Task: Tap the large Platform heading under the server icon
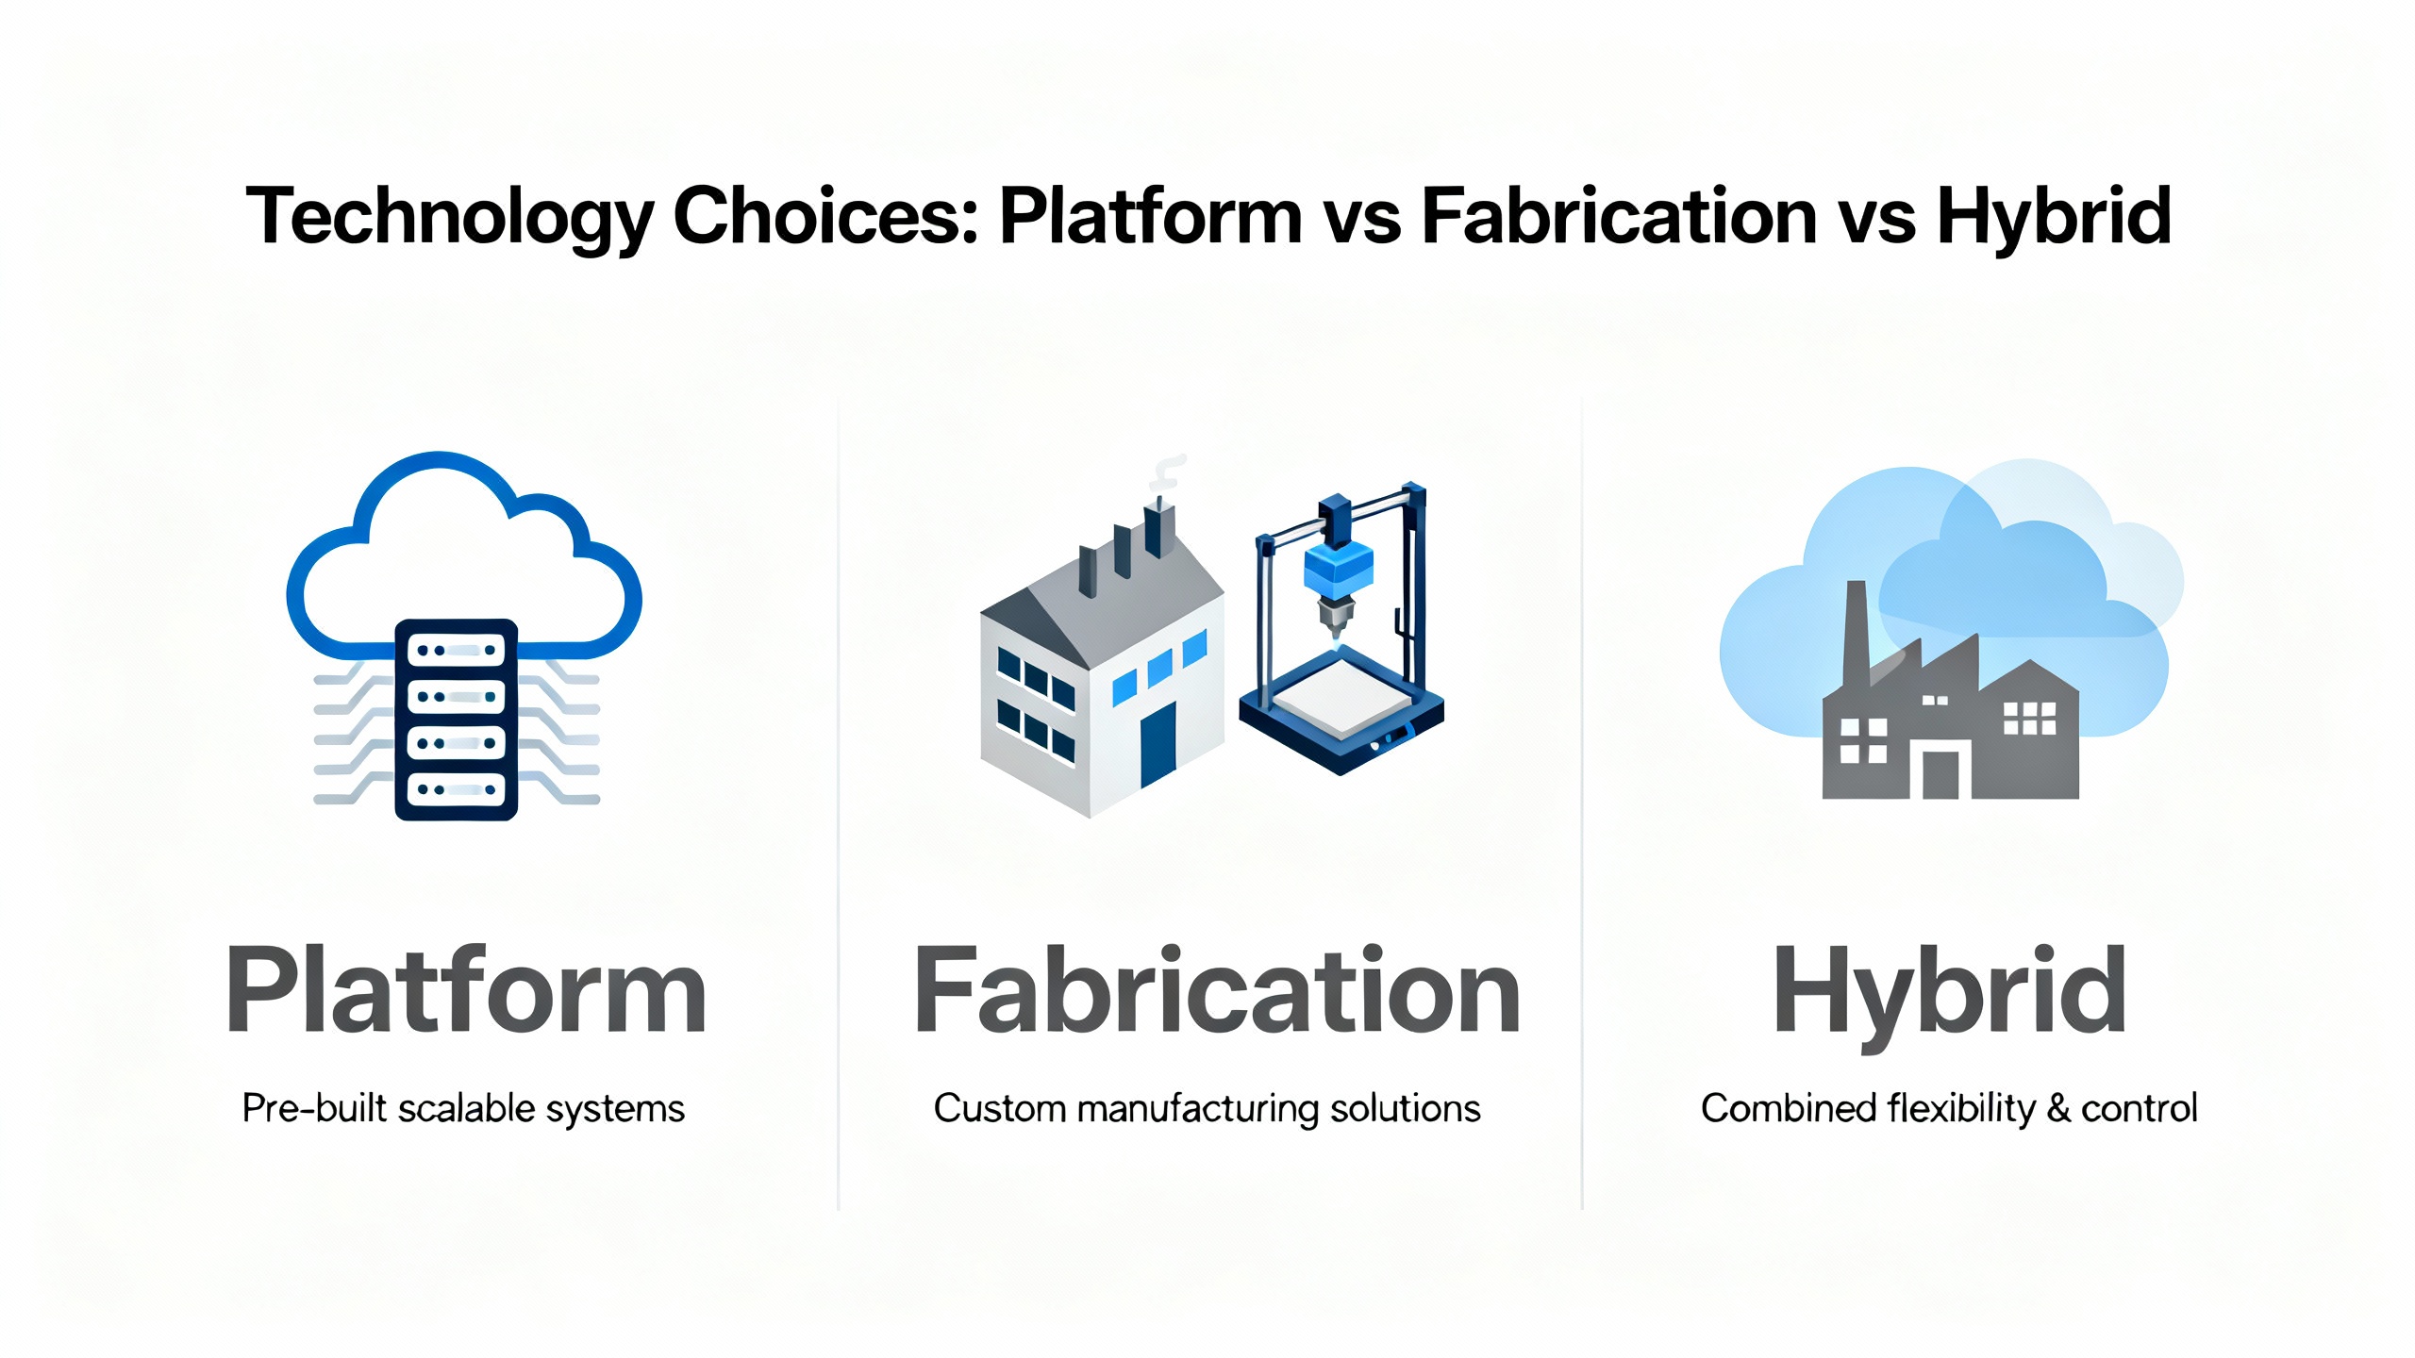click(466, 989)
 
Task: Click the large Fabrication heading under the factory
click(1217, 989)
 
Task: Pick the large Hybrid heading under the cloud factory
click(1950, 997)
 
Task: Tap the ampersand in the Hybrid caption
click(2058, 1109)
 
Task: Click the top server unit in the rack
click(457, 650)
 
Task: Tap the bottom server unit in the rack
click(457, 789)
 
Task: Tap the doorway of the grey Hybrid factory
click(1940, 774)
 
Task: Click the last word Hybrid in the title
click(2054, 218)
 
